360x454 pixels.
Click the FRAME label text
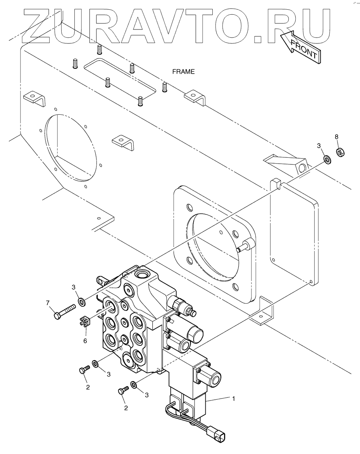click(x=183, y=72)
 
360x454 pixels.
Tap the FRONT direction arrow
click(x=300, y=46)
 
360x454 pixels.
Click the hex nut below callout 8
click(x=341, y=152)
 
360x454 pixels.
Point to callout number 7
click(x=48, y=302)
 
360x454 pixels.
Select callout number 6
click(x=85, y=341)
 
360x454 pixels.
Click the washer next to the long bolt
click(x=81, y=302)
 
